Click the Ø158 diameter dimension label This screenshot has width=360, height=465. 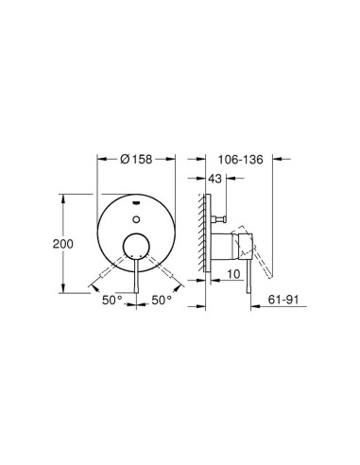point(136,160)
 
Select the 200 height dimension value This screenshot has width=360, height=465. point(63,244)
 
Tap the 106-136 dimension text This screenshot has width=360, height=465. point(241,160)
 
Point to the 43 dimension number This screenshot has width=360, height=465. point(215,179)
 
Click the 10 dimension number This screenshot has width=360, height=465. point(233,274)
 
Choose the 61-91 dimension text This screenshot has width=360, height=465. point(283,300)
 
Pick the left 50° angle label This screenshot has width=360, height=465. point(112,300)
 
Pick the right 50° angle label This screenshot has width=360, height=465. point(162,300)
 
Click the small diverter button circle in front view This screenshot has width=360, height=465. point(136,219)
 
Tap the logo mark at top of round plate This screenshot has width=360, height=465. point(136,202)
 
